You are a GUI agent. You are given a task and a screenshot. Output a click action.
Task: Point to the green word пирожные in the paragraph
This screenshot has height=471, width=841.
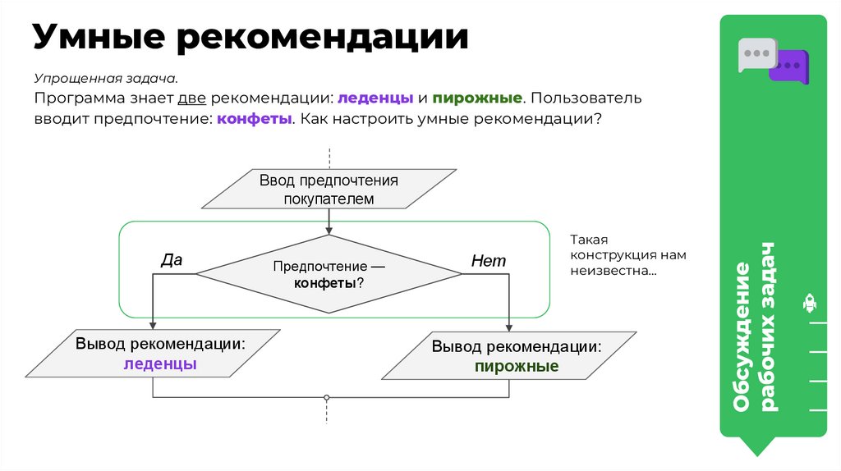pos(478,98)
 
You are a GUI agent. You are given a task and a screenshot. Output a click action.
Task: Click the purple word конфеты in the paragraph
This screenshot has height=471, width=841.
pos(255,118)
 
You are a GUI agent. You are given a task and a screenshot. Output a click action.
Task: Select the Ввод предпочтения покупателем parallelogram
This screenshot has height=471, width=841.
pos(329,189)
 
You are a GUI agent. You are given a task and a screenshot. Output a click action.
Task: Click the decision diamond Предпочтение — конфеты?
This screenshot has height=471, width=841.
pos(329,274)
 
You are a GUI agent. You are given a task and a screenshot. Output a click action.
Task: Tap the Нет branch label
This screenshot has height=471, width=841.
pos(489,261)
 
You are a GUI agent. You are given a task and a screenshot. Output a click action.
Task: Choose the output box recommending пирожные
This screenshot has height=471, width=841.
pos(509,355)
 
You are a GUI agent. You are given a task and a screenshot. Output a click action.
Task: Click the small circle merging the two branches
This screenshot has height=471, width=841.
pos(327,397)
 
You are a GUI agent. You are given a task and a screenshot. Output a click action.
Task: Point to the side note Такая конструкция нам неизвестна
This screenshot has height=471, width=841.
pos(627,254)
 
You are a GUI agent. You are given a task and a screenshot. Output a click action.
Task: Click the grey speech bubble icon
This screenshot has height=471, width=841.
pos(756,53)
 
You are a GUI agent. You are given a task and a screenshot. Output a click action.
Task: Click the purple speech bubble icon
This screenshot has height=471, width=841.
pos(790,66)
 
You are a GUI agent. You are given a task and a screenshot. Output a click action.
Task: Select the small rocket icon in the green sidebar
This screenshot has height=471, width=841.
pos(809,304)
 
